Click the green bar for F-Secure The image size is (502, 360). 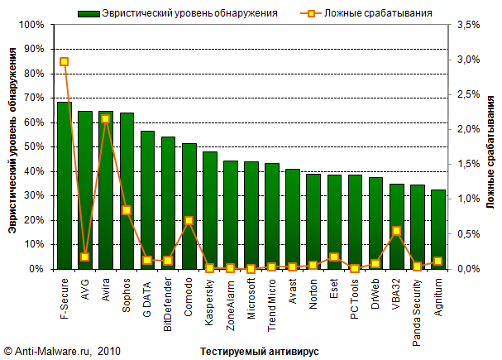(x=65, y=186)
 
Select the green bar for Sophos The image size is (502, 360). (x=127, y=191)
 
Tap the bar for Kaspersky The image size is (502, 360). (x=209, y=211)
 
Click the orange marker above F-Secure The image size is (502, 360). (x=65, y=62)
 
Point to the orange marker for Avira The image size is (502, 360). (x=106, y=119)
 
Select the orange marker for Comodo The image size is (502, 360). (x=189, y=221)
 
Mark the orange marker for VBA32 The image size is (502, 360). (x=396, y=231)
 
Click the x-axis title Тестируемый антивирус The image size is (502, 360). (x=259, y=352)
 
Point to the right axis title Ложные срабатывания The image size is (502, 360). (x=490, y=149)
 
